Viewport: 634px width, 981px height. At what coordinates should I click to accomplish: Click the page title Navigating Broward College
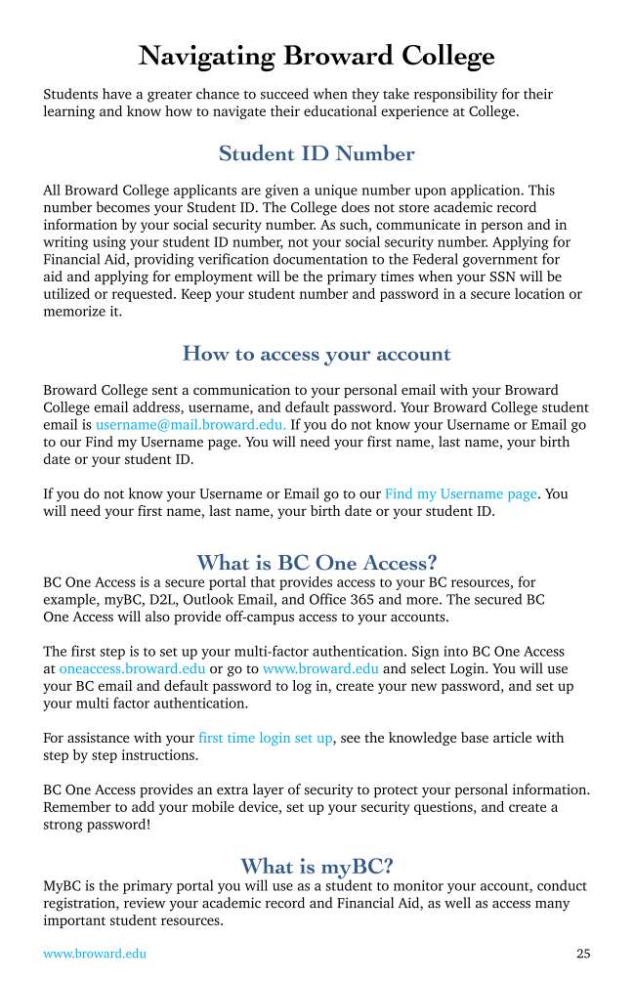[317, 56]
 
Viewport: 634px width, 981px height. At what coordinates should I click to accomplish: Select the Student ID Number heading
[317, 153]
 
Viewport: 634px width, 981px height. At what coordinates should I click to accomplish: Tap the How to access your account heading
[317, 354]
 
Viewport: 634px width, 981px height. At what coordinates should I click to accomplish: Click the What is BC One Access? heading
[317, 563]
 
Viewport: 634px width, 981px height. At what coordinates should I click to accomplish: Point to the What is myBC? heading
[317, 867]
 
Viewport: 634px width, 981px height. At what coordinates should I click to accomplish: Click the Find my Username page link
[461, 494]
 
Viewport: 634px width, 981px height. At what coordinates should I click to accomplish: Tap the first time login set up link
[265, 739]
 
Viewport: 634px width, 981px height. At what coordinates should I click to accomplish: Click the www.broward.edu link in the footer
[95, 954]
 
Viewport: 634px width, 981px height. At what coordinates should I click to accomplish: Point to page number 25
[583, 954]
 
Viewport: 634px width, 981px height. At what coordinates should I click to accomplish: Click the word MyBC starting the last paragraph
[62, 886]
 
